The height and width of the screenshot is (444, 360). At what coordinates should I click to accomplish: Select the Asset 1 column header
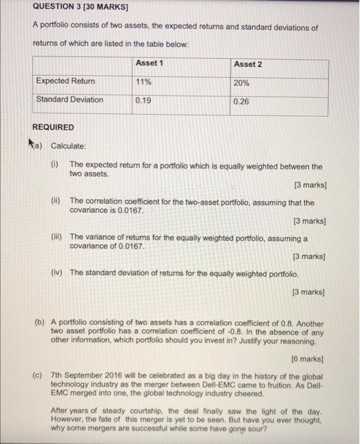[x=149, y=63]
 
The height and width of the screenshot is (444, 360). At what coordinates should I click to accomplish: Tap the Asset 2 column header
[x=248, y=64]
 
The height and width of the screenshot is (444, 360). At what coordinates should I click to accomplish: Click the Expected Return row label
[x=65, y=81]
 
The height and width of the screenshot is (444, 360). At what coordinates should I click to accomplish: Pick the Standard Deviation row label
[x=69, y=100]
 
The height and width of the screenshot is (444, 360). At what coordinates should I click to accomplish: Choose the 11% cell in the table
[x=143, y=82]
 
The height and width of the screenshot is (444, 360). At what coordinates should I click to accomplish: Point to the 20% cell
[x=241, y=83]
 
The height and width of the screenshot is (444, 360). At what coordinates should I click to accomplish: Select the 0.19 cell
[x=143, y=100]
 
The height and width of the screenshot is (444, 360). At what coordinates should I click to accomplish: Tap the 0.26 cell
[x=241, y=101]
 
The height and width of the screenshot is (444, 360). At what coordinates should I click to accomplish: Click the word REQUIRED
[x=53, y=127]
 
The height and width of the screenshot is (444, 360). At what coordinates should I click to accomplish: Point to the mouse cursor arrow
[x=36, y=143]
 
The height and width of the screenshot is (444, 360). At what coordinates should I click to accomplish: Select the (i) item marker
[x=55, y=165]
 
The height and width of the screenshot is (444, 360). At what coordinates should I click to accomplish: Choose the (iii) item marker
[x=57, y=236]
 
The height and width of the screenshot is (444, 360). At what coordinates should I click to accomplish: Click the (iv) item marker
[x=57, y=272]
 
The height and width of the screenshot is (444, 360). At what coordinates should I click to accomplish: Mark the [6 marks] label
[x=308, y=359]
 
